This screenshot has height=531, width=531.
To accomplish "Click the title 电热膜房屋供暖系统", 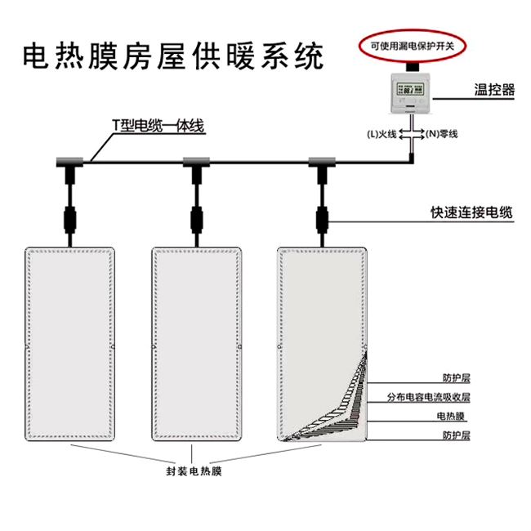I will click(172, 56).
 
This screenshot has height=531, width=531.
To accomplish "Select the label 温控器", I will click(494, 90).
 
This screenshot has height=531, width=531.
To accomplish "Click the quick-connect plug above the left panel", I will click(70, 218).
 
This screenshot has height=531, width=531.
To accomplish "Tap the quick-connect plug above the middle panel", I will click(196, 218).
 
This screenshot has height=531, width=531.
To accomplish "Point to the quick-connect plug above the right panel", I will click(321, 218).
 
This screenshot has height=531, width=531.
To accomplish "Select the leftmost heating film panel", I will click(70, 343).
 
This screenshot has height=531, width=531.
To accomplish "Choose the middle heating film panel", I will click(196, 343).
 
